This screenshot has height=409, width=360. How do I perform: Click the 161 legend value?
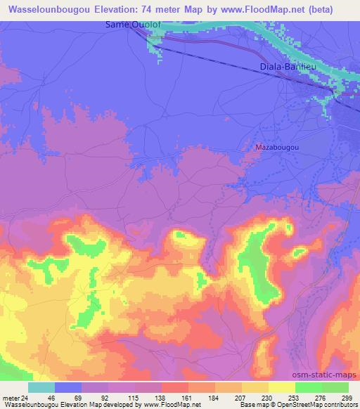pos(187,397)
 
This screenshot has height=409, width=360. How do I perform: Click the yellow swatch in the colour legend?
pos(281,387)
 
